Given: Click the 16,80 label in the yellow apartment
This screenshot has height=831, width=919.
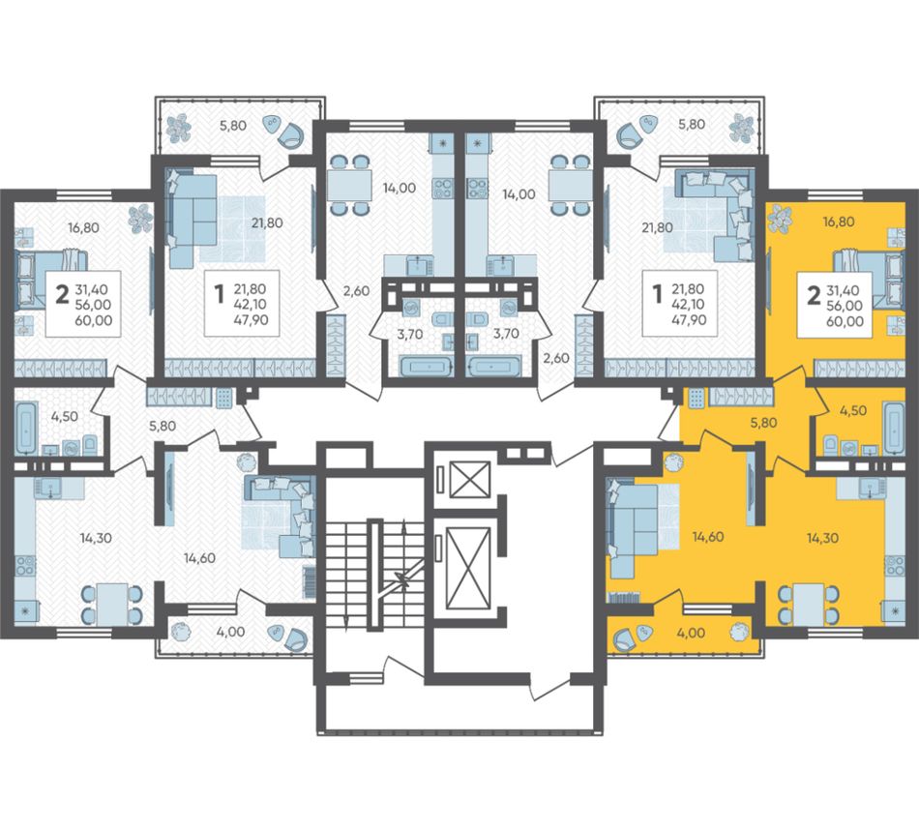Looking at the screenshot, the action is tap(838, 222).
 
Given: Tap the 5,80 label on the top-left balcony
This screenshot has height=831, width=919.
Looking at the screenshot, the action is tap(233, 125).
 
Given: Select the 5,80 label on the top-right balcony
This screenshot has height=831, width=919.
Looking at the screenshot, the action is tap(692, 124).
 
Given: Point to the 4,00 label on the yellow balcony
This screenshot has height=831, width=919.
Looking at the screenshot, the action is tap(691, 633).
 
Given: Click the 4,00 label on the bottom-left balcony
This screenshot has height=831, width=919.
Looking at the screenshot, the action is tap(230, 632).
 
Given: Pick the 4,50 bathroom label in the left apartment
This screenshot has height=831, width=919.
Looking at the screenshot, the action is tap(65, 417).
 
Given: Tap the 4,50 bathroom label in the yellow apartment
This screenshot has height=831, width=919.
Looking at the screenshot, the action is tap(853, 410).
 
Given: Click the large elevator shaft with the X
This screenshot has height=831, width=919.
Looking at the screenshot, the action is tap(467, 569).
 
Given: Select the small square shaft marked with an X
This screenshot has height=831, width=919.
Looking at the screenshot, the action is tap(469, 479).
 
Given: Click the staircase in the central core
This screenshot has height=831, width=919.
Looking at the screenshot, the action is tap(375, 575).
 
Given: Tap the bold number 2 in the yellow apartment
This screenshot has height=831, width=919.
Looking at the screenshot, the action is tap(813, 296).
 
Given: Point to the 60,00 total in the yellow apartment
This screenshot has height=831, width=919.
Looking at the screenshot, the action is tap(845, 320).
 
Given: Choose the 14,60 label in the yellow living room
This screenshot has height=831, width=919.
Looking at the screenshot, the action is tap(707, 537).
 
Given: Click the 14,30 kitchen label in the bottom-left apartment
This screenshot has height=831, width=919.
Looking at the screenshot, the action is tap(96, 538).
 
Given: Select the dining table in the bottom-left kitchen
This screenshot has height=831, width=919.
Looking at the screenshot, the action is tap(112, 605).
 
